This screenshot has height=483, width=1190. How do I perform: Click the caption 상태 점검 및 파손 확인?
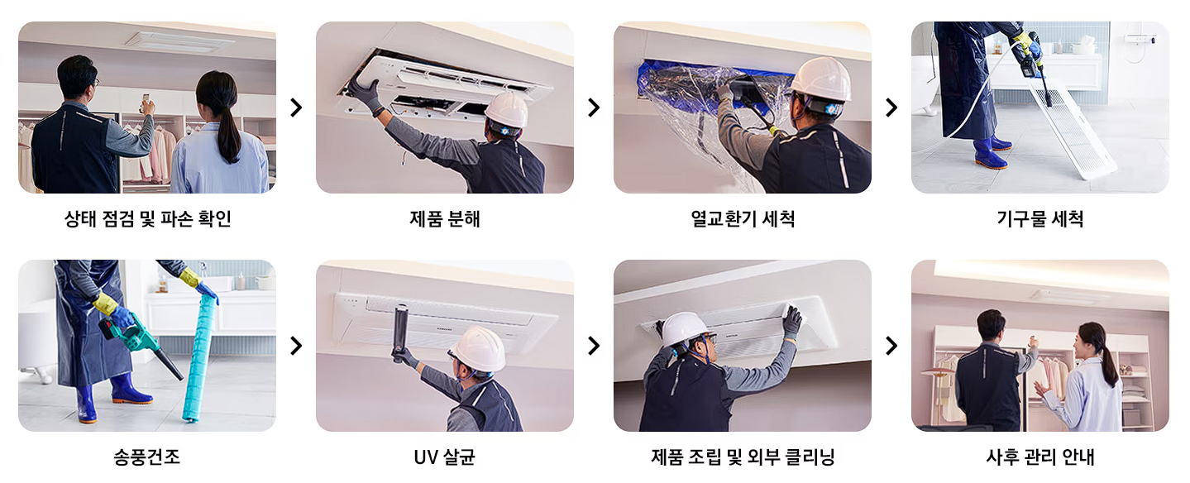tap(147, 219)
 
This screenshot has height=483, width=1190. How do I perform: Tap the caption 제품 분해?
tap(444, 219)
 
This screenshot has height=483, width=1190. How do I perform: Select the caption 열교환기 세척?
tap(742, 219)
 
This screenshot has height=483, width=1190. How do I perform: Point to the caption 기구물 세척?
tap(1039, 219)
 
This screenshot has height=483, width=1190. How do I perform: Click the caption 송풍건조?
tap(146, 457)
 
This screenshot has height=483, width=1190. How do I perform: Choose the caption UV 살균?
tap(444, 457)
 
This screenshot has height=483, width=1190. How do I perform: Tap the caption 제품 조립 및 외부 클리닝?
tap(742, 457)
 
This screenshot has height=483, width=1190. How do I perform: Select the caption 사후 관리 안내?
tap(1039, 457)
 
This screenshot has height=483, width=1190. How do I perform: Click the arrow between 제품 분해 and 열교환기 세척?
tap(593, 108)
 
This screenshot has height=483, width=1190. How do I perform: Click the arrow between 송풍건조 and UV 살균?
tap(295, 346)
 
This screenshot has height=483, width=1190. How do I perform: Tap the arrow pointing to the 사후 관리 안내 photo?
tap(891, 346)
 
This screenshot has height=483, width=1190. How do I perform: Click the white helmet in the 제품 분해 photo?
tap(506, 109)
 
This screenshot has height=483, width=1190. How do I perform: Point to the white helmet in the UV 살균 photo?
tap(477, 349)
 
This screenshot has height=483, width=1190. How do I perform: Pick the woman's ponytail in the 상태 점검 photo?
tap(227, 132)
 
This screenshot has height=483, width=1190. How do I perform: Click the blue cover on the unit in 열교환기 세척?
tap(662, 74)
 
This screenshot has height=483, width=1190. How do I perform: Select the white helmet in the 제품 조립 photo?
tap(686, 329)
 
